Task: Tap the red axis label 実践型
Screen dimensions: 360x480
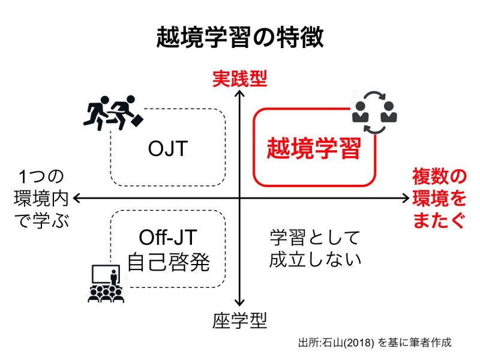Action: (x=239, y=78)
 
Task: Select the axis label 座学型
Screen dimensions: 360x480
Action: (x=239, y=320)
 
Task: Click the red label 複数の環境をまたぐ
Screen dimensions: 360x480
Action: (x=438, y=198)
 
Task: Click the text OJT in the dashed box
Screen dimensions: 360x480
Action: (x=169, y=148)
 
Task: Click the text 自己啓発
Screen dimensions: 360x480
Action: (x=168, y=262)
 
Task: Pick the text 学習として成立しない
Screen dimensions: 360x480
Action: (x=315, y=248)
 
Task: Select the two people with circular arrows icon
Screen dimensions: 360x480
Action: (x=374, y=111)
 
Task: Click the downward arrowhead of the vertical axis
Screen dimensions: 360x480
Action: (x=240, y=304)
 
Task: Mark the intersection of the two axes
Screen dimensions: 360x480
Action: (x=240, y=198)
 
